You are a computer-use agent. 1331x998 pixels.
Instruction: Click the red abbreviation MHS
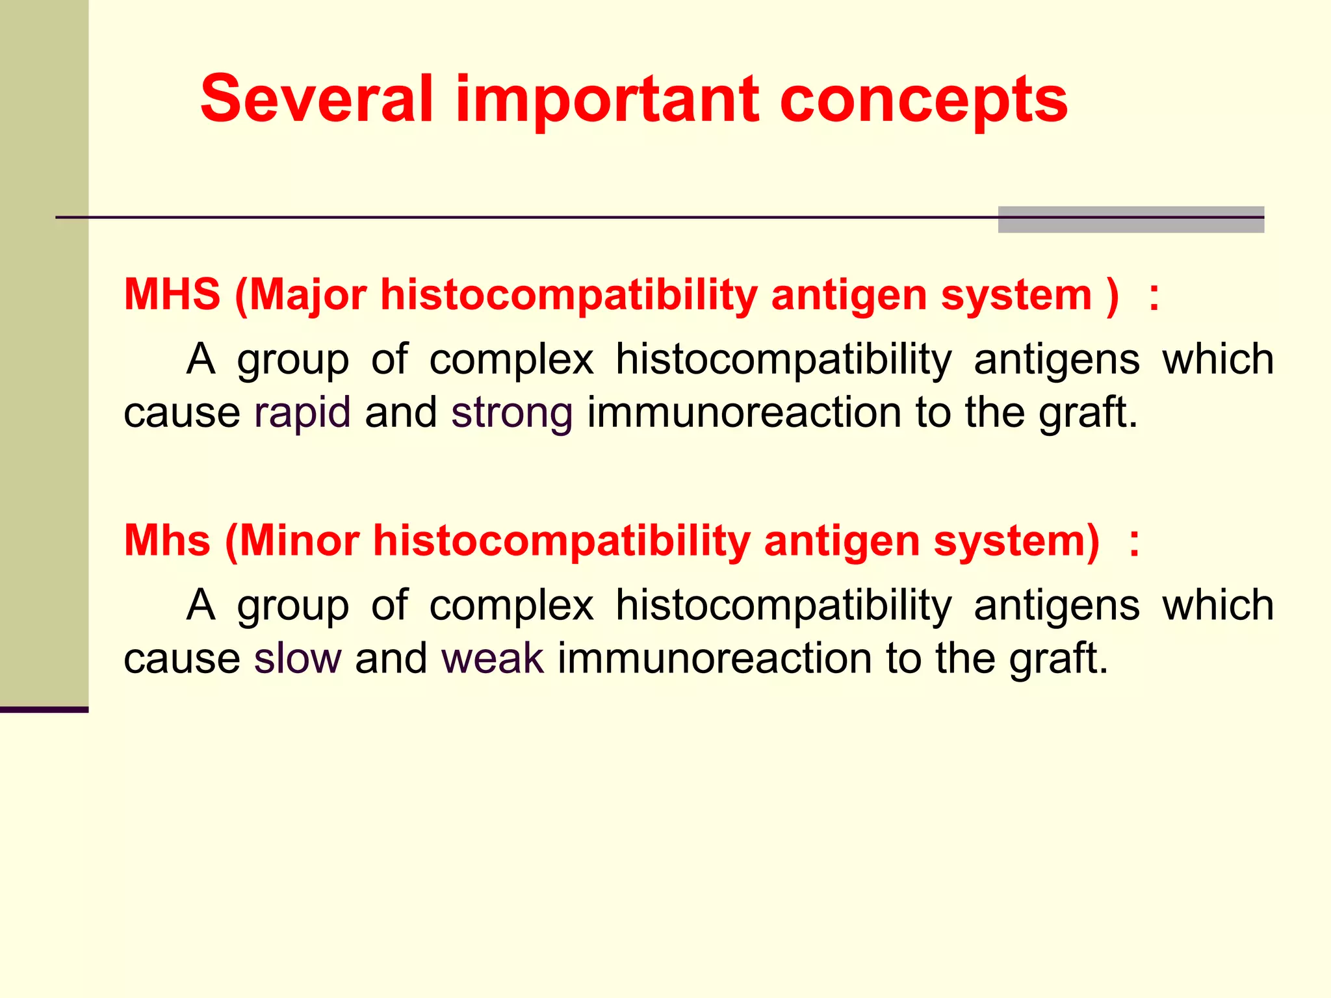coord(172,294)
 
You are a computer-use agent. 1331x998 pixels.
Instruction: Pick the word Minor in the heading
coord(300,541)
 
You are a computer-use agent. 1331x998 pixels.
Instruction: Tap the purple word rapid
coord(302,413)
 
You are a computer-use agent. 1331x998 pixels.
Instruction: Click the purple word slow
coord(297,658)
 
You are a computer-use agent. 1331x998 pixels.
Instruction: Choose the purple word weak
coord(492,658)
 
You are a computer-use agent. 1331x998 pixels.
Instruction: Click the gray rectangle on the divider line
coord(1131,220)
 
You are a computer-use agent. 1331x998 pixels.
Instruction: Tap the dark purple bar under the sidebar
coord(44,710)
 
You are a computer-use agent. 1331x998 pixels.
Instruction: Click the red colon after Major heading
coord(1154,297)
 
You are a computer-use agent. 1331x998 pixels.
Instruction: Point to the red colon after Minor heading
coord(1134,543)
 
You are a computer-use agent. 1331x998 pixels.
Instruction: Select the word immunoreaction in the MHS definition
coord(743,413)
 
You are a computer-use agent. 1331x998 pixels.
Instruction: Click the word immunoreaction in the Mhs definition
coord(714,658)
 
